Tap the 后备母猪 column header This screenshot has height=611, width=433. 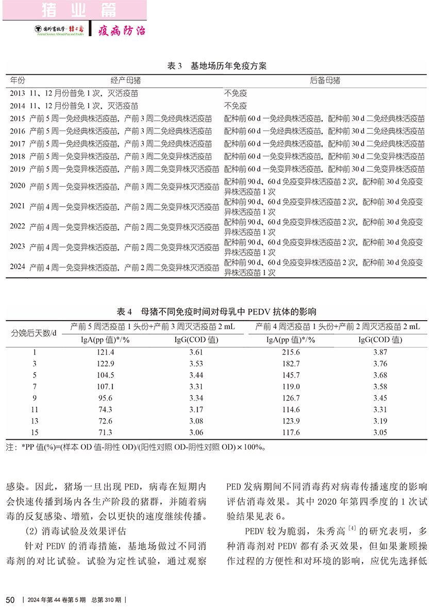(325, 81)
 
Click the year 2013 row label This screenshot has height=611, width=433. (18, 93)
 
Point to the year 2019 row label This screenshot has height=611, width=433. (18, 169)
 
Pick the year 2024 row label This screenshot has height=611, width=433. (18, 268)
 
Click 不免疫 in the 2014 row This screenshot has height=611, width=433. (236, 106)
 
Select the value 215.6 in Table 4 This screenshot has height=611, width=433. (290, 352)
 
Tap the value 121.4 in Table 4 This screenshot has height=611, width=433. (105, 352)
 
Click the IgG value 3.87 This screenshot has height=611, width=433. (380, 352)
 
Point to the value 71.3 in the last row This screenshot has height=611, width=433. (105, 433)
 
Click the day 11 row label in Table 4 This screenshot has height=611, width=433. (35, 409)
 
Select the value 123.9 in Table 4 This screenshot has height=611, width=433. (290, 421)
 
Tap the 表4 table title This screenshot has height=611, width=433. (216, 311)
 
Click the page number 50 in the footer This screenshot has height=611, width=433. (9, 600)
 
